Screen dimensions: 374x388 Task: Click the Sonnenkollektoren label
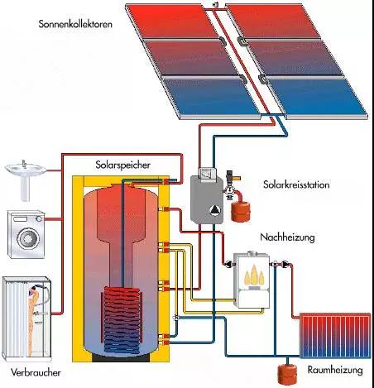pos(75,24)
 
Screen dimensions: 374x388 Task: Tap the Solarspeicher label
pos(122,165)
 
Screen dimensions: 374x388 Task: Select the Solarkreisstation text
pos(296,184)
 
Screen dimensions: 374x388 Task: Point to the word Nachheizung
pos(287,237)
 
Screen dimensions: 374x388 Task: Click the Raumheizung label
pos(335,370)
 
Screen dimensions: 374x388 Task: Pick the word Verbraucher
pos(36,372)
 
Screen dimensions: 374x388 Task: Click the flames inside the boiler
pos(254,276)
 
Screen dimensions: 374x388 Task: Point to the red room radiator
pos(335,336)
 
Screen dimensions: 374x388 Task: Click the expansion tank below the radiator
pos(287,374)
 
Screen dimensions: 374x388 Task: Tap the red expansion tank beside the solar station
pos(241,211)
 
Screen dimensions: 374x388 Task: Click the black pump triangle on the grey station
pos(214,210)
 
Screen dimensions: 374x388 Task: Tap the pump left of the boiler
pos(228,265)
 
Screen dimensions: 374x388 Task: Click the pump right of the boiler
pos(285,265)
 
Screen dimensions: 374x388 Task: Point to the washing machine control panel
pos(26,218)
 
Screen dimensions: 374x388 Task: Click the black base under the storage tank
pos(121,357)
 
